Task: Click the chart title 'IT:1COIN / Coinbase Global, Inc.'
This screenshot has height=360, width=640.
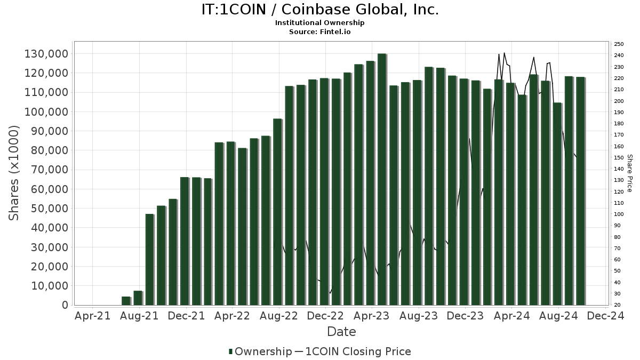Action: (x=320, y=10)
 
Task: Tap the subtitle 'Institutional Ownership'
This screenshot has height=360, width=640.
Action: (x=320, y=23)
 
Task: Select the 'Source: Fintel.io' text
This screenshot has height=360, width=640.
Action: (x=320, y=31)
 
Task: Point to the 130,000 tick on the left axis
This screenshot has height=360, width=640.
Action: (x=46, y=54)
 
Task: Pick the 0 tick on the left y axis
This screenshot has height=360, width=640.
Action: (x=65, y=306)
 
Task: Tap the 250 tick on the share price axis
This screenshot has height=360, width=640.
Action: (x=619, y=44)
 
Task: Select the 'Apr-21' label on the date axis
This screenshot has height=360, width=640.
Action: (x=93, y=316)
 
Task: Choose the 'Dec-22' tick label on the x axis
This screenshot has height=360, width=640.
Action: (x=325, y=316)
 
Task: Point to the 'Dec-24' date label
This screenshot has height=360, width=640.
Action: (x=605, y=316)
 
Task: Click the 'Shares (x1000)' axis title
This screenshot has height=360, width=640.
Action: (x=14, y=173)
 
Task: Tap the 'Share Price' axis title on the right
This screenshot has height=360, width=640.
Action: (x=629, y=173)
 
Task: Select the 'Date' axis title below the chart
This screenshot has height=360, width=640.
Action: (x=341, y=332)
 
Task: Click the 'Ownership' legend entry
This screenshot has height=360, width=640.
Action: (x=259, y=351)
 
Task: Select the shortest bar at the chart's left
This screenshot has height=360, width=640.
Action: (x=126, y=301)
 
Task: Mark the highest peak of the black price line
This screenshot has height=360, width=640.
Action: (x=504, y=53)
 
